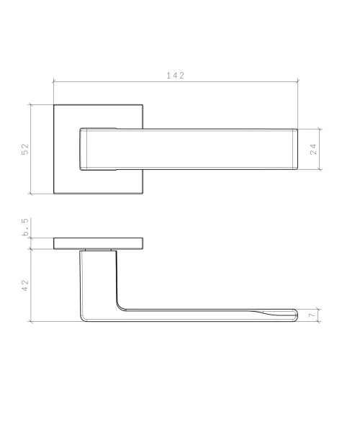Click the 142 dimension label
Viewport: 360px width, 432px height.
click(x=176, y=76)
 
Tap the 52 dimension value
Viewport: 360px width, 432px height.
click(x=25, y=149)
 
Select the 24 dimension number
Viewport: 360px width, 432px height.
click(x=313, y=149)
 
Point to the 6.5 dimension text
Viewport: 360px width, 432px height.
click(x=25, y=227)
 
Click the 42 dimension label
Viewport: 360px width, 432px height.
click(x=25, y=285)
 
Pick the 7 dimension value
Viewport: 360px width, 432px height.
click(x=312, y=315)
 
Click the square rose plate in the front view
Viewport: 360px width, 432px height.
click(x=66, y=149)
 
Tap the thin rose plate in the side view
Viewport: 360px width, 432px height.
click(x=99, y=243)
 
